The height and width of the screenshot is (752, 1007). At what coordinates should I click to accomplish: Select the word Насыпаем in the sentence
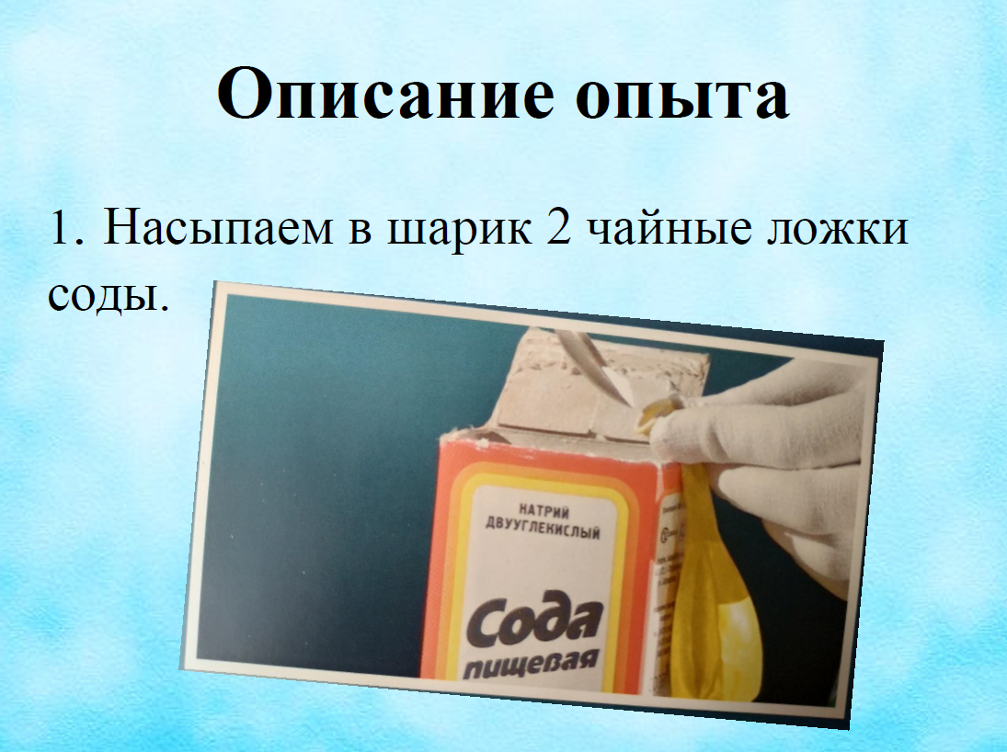point(218,227)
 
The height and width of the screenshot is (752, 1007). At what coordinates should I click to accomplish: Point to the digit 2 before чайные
point(559,227)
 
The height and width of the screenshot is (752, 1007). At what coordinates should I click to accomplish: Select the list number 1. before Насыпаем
point(67,227)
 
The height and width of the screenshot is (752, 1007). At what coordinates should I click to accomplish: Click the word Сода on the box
point(534,621)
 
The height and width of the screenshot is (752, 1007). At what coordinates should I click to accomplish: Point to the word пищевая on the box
point(532,664)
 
